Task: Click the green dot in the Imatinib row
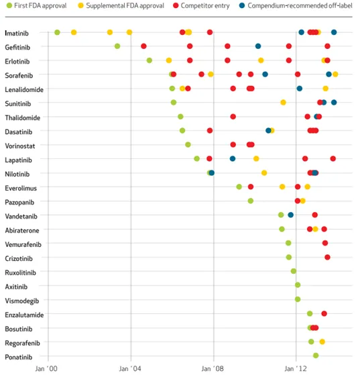(57, 32)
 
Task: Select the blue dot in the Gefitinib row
(258, 46)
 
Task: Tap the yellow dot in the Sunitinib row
(284, 103)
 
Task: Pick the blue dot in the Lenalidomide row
(300, 89)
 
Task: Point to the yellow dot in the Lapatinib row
(256, 158)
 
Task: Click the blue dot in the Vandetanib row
(291, 215)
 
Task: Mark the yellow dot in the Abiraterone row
(315, 229)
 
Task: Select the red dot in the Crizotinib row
(328, 258)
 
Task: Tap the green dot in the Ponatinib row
(316, 356)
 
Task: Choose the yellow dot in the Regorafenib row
(322, 341)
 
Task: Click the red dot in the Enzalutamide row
(324, 313)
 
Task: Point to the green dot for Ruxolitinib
(294, 271)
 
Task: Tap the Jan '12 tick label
(296, 368)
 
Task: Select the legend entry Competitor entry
(201, 5)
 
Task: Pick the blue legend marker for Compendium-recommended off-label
(242, 5)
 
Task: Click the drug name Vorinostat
(20, 146)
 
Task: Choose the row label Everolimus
(21, 189)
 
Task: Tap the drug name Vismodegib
(22, 301)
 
